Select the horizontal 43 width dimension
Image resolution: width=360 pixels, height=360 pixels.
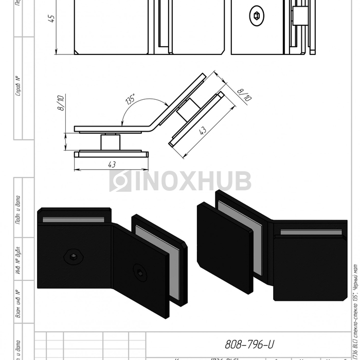coord(112,164)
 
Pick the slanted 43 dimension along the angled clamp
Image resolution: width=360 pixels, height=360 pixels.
coord(204,131)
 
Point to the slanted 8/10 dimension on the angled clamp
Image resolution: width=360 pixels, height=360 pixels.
coord(244,93)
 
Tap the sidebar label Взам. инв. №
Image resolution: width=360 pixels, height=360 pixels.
coord(18,303)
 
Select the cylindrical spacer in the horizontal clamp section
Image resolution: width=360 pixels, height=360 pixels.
coord(110,141)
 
